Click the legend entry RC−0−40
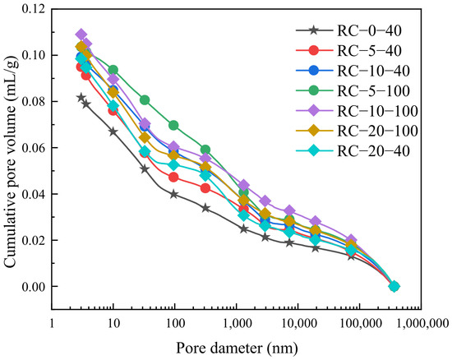click(369, 30)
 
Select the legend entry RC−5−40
click(369, 51)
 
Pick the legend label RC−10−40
click(374, 71)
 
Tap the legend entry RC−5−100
click(374, 90)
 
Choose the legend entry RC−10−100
click(378, 111)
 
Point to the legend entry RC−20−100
click(378, 131)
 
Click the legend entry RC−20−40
click(374, 151)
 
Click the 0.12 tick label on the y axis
click(34, 9)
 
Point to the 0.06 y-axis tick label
click(34, 148)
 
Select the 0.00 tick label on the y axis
click(34, 287)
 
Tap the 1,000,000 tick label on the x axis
click(422, 324)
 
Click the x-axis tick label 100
click(175, 324)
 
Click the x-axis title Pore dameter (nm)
click(237, 348)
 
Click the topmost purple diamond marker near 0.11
click(81, 35)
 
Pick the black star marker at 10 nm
click(113, 132)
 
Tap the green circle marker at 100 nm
click(173, 126)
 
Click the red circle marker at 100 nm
click(173, 178)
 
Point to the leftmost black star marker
click(81, 98)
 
